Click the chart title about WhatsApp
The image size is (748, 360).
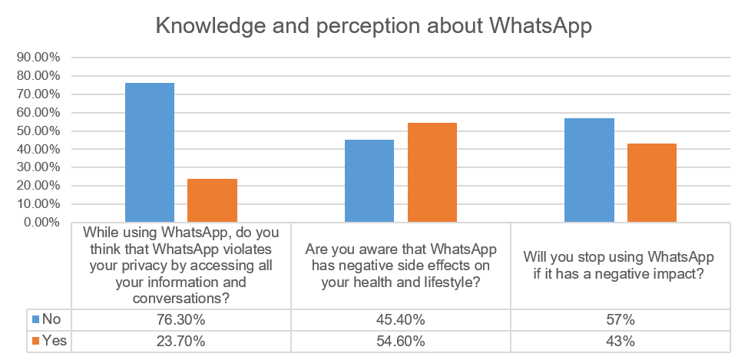(374, 25)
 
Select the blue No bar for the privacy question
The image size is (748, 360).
(150, 153)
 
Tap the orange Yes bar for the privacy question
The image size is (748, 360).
(212, 200)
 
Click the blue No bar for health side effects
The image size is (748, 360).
(369, 181)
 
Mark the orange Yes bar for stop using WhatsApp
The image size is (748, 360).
(651, 183)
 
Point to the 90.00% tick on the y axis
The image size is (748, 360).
(38, 58)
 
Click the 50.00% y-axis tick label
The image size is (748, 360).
(38, 131)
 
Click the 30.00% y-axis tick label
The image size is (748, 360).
(38, 167)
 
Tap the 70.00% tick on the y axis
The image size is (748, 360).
(38, 94)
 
